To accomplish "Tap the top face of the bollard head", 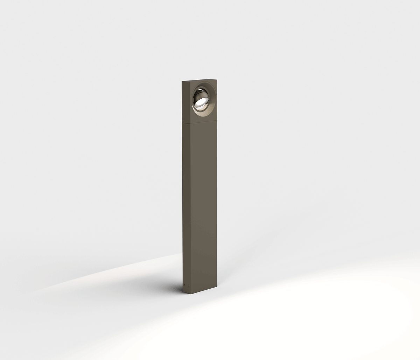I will tap(199, 80).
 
